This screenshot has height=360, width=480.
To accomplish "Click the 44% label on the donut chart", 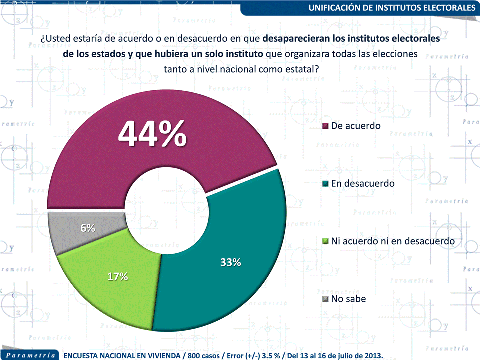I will [x=153, y=133].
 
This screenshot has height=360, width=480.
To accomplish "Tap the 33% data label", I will [x=231, y=262].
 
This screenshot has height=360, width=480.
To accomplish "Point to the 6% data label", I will [x=88, y=228].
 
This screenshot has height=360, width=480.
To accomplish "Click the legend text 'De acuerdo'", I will [x=356, y=126].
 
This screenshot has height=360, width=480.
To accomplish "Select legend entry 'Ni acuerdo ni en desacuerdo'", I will [x=393, y=241].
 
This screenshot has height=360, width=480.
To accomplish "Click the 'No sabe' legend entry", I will [x=348, y=299].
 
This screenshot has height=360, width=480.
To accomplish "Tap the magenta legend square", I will [x=326, y=126].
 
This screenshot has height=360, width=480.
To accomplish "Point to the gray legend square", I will [x=326, y=299].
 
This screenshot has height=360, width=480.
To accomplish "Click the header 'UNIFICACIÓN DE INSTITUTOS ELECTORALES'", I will [x=392, y=8].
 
